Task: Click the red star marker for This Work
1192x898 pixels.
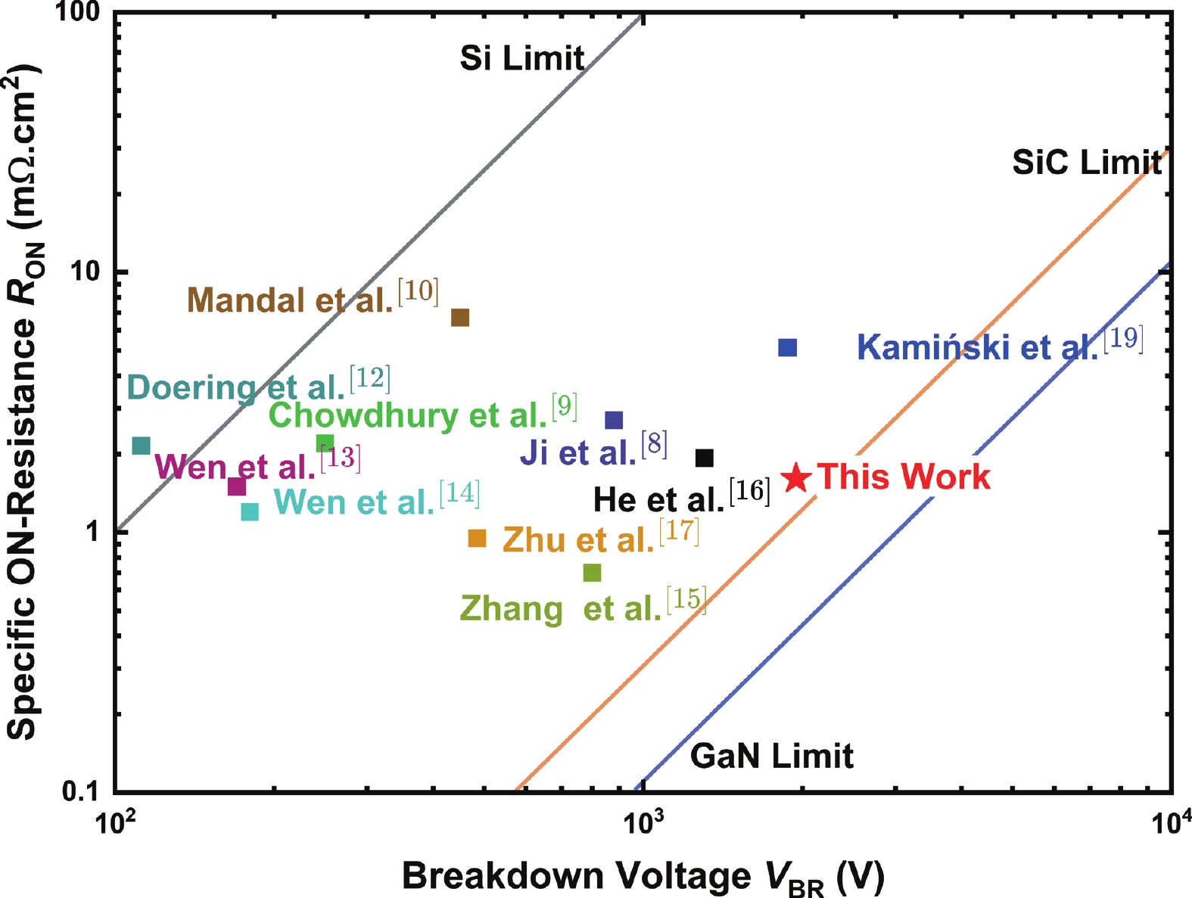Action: click(798, 478)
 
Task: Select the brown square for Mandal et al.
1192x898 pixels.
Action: click(460, 318)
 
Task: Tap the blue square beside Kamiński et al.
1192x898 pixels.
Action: click(787, 347)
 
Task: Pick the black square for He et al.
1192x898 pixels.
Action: click(705, 458)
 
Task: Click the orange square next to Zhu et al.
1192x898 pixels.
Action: click(477, 538)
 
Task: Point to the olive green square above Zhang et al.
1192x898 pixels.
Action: click(592, 573)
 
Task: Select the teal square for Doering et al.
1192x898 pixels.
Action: click(142, 446)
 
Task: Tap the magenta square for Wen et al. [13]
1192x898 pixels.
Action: click(237, 486)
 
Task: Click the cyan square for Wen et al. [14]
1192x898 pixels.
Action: click(250, 511)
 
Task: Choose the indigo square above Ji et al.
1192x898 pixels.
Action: click(614, 420)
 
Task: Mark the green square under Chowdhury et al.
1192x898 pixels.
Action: click(325, 443)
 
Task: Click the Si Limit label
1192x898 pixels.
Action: click(522, 58)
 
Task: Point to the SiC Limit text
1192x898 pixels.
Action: click(1087, 162)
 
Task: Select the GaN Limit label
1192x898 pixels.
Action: click(772, 756)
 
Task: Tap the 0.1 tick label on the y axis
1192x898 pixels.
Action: click(79, 791)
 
